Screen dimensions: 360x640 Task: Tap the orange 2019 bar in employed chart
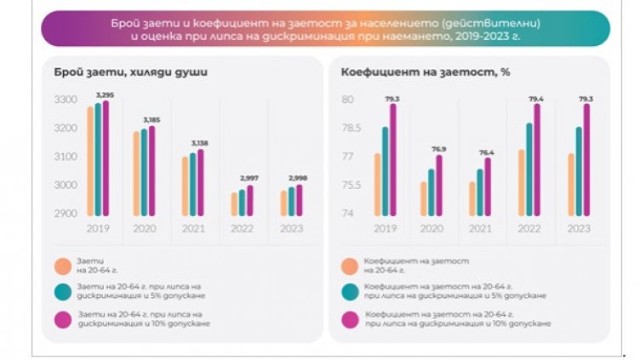[x=90, y=162]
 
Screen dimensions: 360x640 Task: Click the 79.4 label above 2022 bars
[x=537, y=98]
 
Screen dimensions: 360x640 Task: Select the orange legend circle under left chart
[x=60, y=266]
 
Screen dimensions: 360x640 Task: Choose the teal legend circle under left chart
[x=60, y=292]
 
